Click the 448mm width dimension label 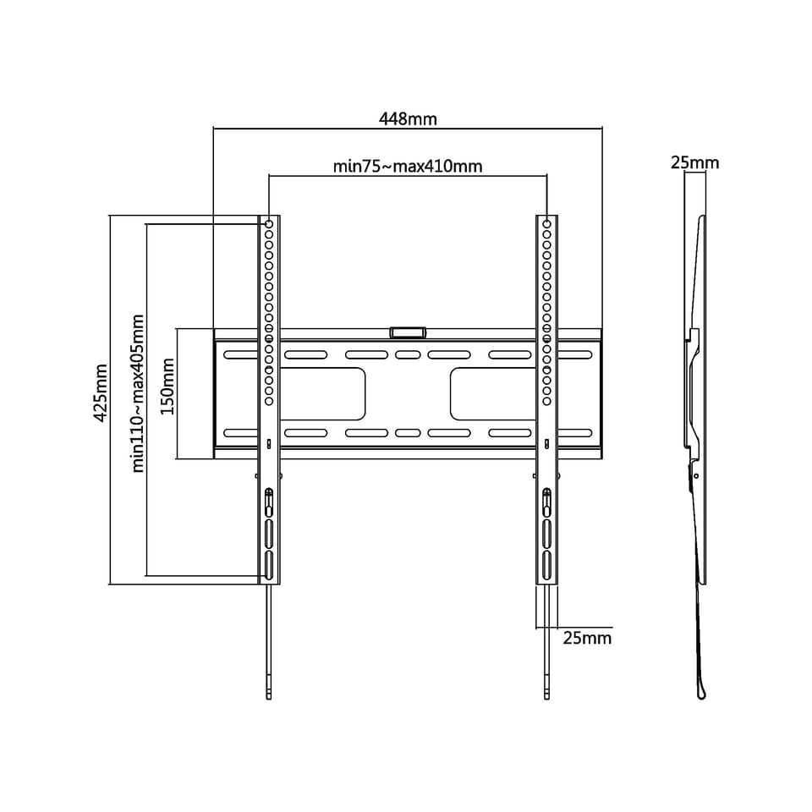click(408, 119)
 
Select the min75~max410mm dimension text click(408, 167)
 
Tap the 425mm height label click(101, 392)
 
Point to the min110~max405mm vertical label click(138, 393)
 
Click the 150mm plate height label click(167, 387)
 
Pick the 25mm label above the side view click(695, 162)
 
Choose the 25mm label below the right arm click(587, 638)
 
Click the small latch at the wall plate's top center click(408, 332)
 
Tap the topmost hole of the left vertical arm click(269, 224)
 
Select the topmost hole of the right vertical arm click(547, 224)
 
